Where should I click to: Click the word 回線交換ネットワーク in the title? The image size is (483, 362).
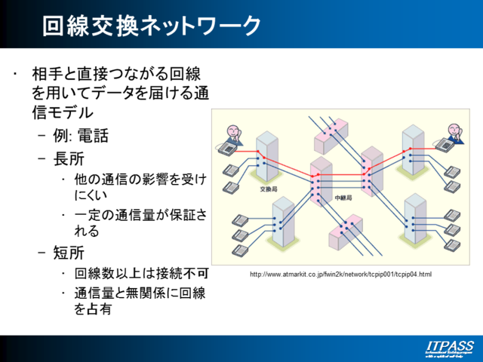click(152, 26)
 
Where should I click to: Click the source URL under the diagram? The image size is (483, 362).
click(340, 274)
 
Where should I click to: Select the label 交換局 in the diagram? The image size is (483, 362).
click(269, 189)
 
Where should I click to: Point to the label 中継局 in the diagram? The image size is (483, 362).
click(343, 198)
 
